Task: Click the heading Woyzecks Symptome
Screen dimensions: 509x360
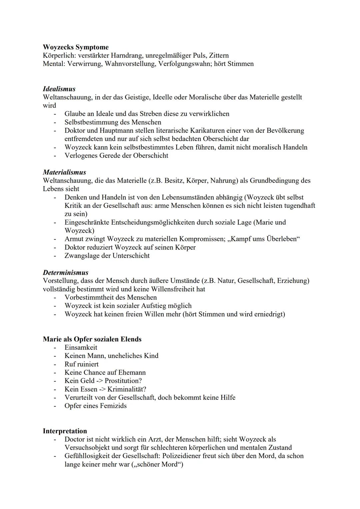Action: point(76,47)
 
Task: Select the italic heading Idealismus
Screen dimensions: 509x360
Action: point(59,89)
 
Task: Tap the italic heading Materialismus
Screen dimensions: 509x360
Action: point(64,172)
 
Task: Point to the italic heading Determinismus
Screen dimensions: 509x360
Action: point(65,273)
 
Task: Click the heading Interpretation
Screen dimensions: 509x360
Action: point(65,431)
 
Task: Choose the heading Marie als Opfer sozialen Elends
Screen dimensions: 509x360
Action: point(92,339)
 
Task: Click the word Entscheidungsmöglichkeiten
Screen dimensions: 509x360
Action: point(130,222)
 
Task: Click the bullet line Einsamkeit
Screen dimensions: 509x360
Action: point(81,348)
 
